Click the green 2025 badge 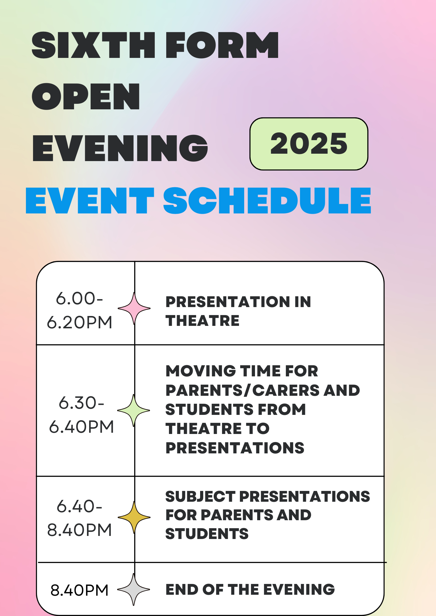[x=309, y=144]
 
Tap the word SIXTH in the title [x=93, y=45]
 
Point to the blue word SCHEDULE [x=267, y=201]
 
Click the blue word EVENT [x=90, y=201]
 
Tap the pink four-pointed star [x=134, y=308]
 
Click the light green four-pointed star [x=134, y=411]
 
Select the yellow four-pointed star [x=134, y=517]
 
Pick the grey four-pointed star [x=134, y=590]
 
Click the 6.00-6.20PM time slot [x=80, y=310]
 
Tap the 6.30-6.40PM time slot [x=81, y=415]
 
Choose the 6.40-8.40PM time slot [x=80, y=518]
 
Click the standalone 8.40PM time [x=80, y=590]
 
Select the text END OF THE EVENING [x=250, y=590]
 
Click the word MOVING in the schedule [x=201, y=371]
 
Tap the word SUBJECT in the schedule [x=200, y=496]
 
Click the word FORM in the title [x=222, y=45]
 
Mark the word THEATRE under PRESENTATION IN [x=202, y=321]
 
